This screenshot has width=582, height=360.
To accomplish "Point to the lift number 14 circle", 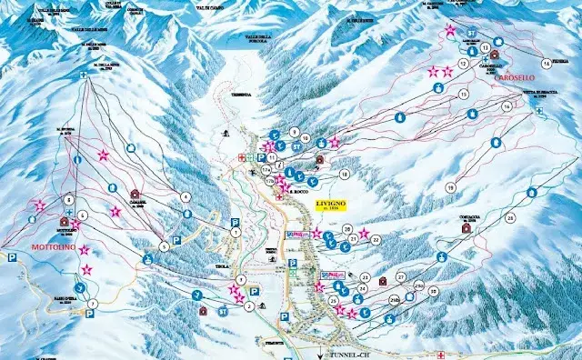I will pyautogui.click(x=546, y=63).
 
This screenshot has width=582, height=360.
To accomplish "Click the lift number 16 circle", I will pyautogui.click(x=507, y=106).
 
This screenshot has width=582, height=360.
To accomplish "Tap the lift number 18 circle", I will pyautogui.click(x=344, y=174).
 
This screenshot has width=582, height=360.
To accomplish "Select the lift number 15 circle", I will pyautogui.click(x=464, y=94).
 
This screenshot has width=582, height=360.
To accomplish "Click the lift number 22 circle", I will pyautogui.click(x=375, y=240).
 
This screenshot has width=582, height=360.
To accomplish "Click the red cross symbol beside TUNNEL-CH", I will pyautogui.click(x=441, y=354).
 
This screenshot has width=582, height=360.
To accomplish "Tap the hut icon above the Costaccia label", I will pyautogui.click(x=466, y=227).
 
